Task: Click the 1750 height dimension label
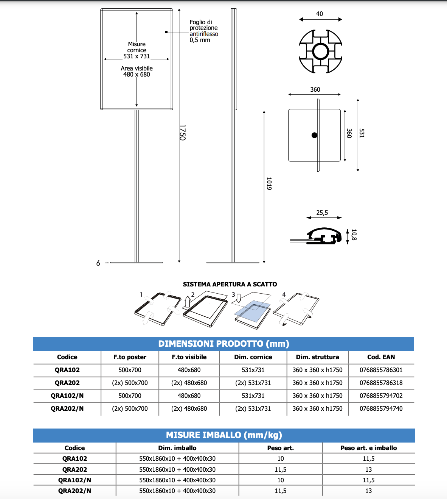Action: (182, 133)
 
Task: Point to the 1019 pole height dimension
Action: (269, 183)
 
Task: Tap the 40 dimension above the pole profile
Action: (320, 14)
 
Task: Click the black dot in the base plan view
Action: (314, 135)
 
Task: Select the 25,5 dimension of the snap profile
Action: (322, 213)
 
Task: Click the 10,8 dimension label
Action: (354, 235)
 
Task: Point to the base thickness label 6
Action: (98, 263)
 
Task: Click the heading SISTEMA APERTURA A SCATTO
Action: (230, 284)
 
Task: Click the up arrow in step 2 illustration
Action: (187, 302)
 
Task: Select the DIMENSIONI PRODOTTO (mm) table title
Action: (223, 344)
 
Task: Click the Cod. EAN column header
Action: (381, 357)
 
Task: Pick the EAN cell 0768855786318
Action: (381, 383)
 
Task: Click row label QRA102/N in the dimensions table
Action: (67, 396)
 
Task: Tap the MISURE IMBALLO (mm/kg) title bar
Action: (224, 435)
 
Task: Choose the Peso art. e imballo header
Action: (368, 448)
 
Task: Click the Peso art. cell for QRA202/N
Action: (280, 491)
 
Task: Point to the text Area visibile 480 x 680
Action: (137, 71)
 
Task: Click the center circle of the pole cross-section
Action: (321, 51)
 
